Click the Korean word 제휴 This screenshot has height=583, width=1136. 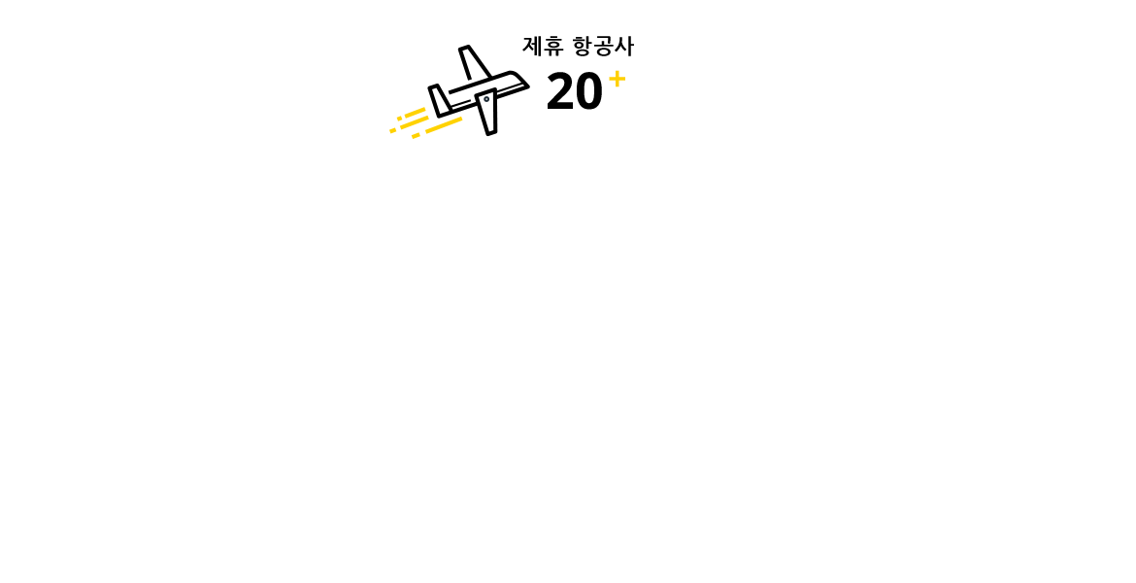click(x=543, y=47)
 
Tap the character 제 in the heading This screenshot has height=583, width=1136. click(x=532, y=47)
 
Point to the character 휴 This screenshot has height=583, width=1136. click(x=553, y=47)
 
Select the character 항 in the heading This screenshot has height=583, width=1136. click(x=583, y=47)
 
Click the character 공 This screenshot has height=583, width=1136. click(x=604, y=47)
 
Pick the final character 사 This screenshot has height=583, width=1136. click(x=624, y=47)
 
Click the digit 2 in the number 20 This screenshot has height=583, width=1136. click(x=560, y=91)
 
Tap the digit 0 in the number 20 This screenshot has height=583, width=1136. click(x=588, y=91)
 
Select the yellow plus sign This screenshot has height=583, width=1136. click(x=618, y=79)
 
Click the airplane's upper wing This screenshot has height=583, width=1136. click(x=473, y=63)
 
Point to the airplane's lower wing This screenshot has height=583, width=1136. click(x=487, y=112)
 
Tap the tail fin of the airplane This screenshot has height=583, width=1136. click(x=439, y=100)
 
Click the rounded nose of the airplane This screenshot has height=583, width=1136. click(x=518, y=79)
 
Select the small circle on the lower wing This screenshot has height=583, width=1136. click(x=486, y=99)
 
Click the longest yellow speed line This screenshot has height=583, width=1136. click(x=444, y=125)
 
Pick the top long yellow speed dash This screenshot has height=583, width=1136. click(x=415, y=113)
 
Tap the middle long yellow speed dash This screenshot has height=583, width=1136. click(x=415, y=122)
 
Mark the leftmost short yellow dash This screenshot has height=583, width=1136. click(x=392, y=130)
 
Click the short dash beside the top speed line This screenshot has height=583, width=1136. click(x=399, y=119)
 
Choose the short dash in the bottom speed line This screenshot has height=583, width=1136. click(x=416, y=136)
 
